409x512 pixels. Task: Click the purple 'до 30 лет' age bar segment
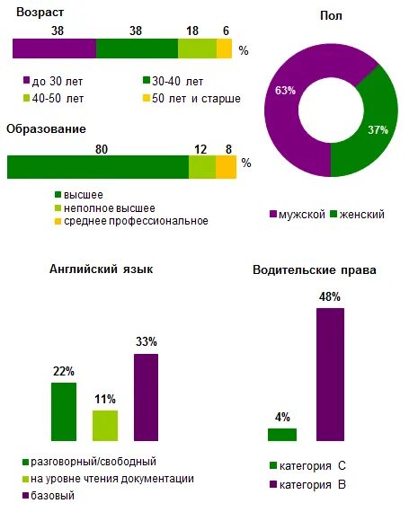[x=54, y=49]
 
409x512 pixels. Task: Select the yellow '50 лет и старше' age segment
[x=224, y=49]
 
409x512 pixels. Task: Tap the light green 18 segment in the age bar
[x=197, y=49]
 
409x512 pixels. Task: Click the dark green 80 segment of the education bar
[x=97, y=167]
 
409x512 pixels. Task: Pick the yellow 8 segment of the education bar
[x=226, y=167]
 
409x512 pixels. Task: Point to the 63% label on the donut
[x=286, y=90]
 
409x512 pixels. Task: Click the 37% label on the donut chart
[x=378, y=129]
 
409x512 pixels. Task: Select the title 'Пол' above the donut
[x=331, y=16]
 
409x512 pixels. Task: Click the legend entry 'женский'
[x=359, y=215]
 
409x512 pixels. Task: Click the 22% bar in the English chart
[x=64, y=411]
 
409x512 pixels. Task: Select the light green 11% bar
[x=105, y=425]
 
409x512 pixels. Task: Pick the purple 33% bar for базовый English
[x=146, y=397]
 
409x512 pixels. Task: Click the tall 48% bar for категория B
[x=330, y=375]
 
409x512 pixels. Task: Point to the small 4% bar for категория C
[x=281, y=435]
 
